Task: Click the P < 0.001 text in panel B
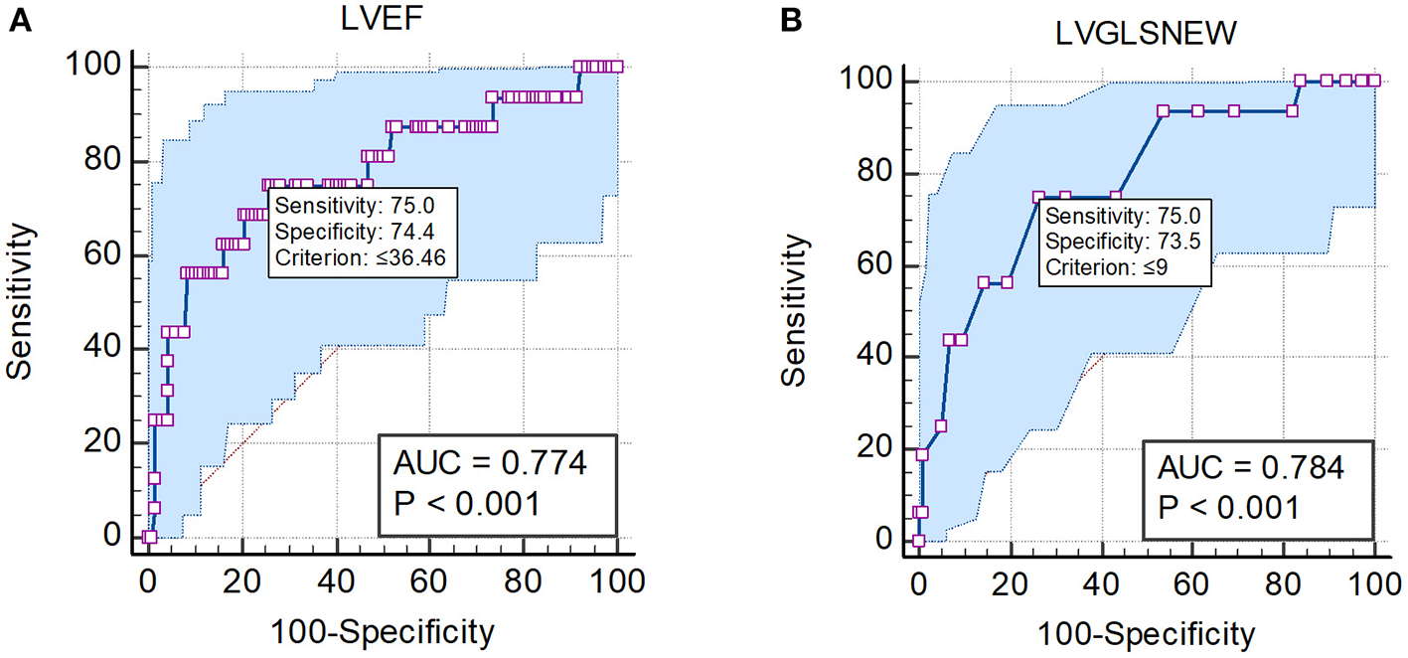point(1229,508)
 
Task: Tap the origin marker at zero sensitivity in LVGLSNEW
point(918,541)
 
